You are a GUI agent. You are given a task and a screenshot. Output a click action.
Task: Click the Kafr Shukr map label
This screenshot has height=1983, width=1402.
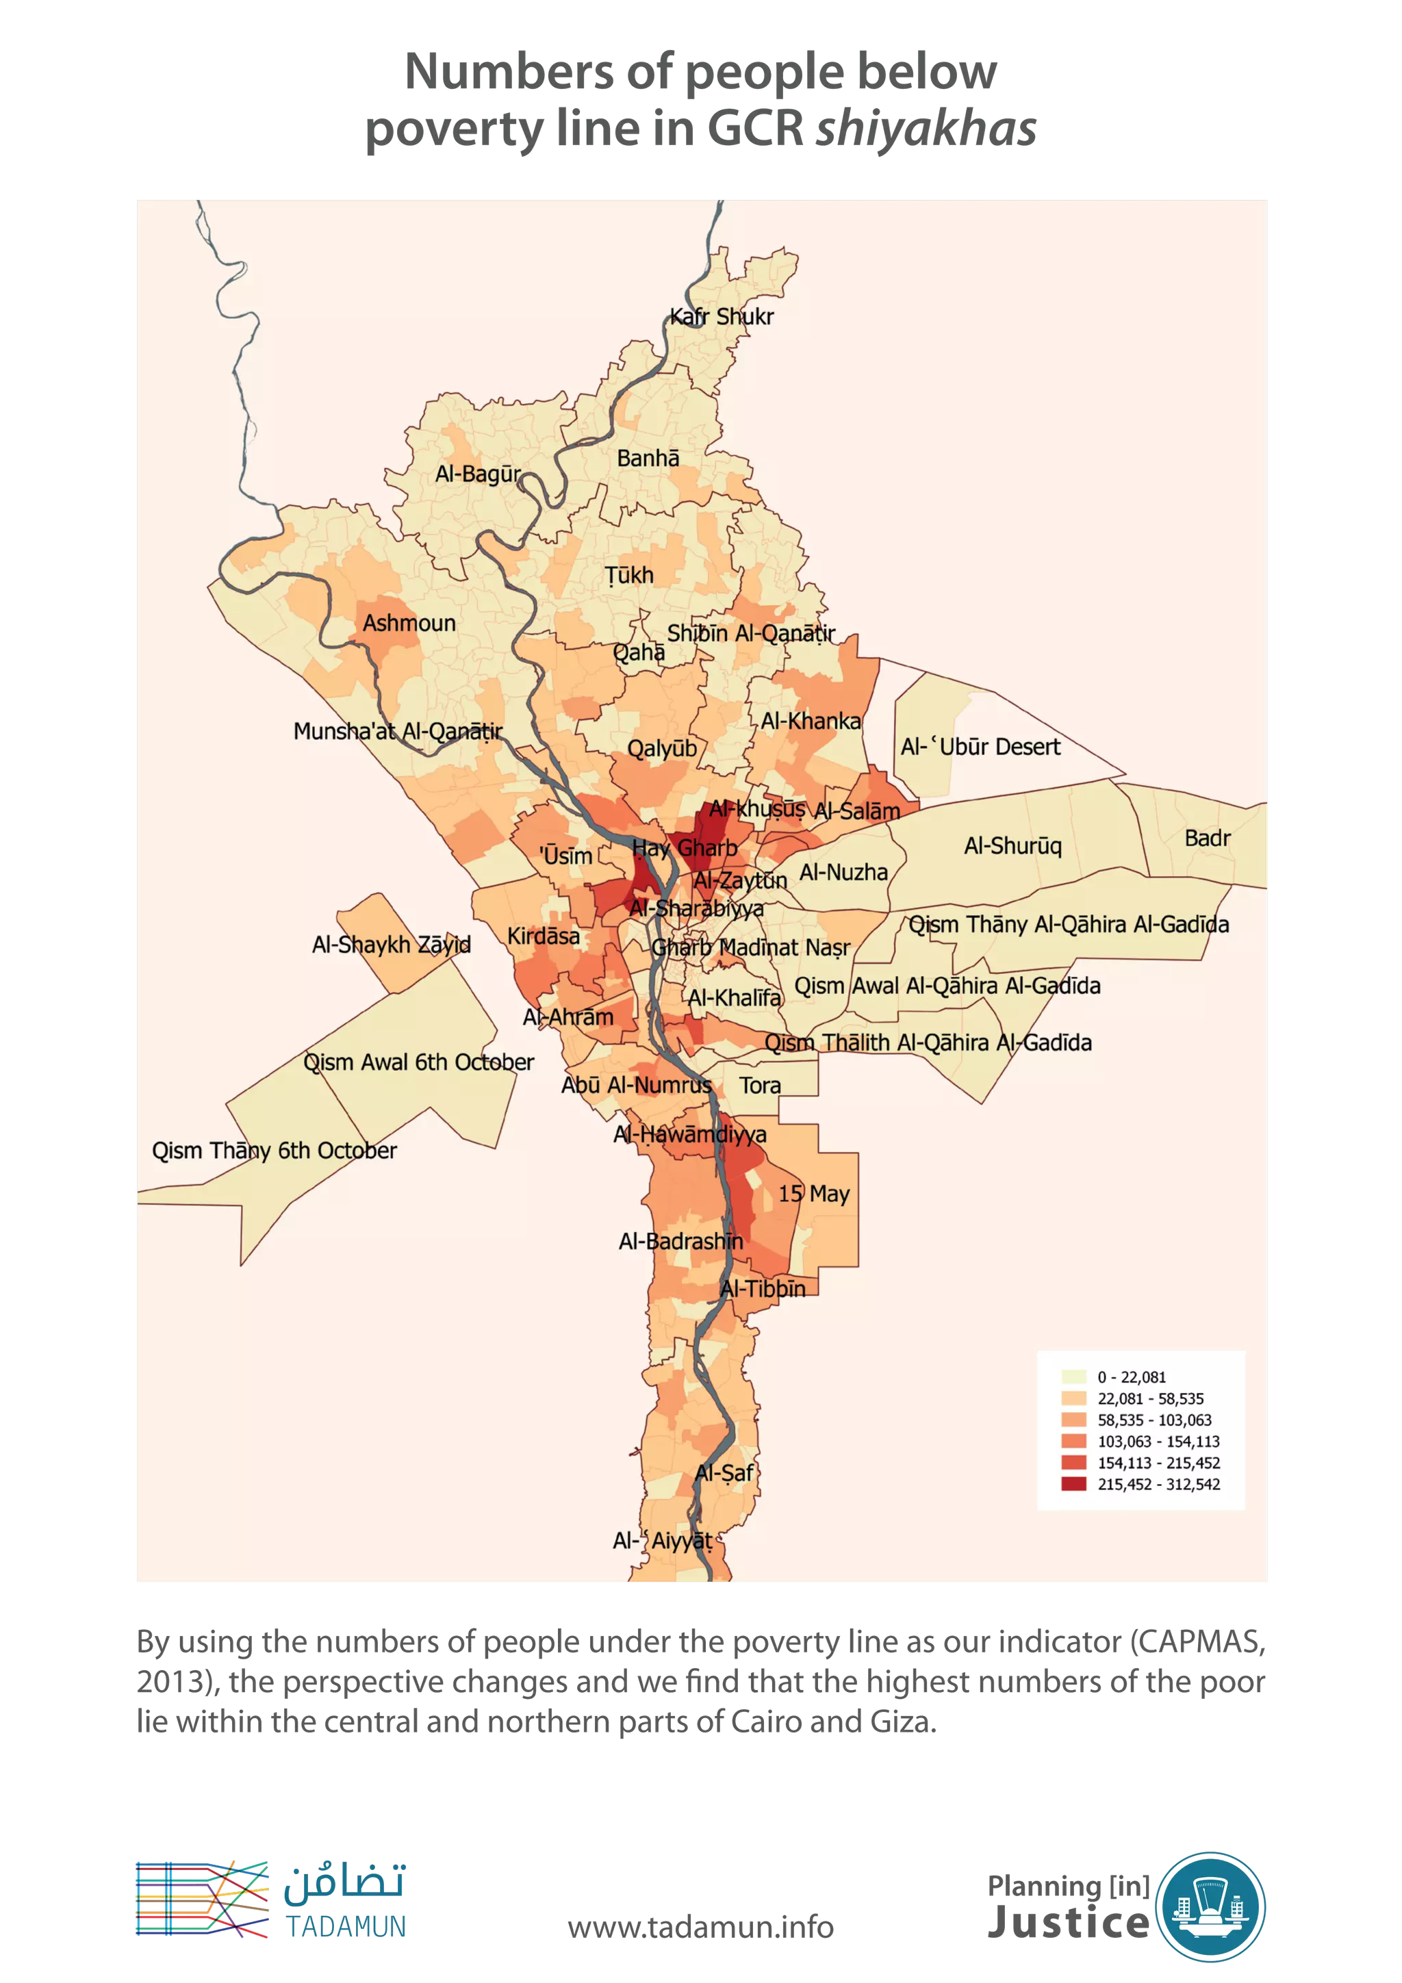tap(722, 316)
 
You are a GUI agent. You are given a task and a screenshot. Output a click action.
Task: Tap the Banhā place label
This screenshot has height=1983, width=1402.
tap(648, 459)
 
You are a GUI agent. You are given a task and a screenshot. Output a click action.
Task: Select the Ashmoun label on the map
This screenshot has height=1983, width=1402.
tap(409, 623)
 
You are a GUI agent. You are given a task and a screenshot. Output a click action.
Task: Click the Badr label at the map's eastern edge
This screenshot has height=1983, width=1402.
tap(1207, 838)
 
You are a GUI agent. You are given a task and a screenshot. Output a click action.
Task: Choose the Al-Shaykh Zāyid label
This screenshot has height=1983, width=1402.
tap(392, 944)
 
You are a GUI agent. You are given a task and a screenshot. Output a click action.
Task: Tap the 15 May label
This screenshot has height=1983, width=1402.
tap(814, 1194)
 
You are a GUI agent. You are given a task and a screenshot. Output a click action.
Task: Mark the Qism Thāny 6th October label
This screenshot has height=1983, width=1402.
tap(274, 1151)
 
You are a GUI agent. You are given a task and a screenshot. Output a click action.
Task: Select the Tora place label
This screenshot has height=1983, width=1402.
tap(759, 1086)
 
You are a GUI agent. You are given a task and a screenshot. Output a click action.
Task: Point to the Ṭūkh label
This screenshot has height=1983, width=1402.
tap(629, 575)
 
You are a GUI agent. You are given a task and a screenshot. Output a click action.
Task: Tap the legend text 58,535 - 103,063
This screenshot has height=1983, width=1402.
tap(1154, 1420)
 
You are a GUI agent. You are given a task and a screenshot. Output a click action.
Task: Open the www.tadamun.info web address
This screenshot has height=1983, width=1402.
tap(700, 1926)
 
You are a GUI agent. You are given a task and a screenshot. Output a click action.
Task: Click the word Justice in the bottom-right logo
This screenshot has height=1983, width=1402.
tap(1068, 1921)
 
